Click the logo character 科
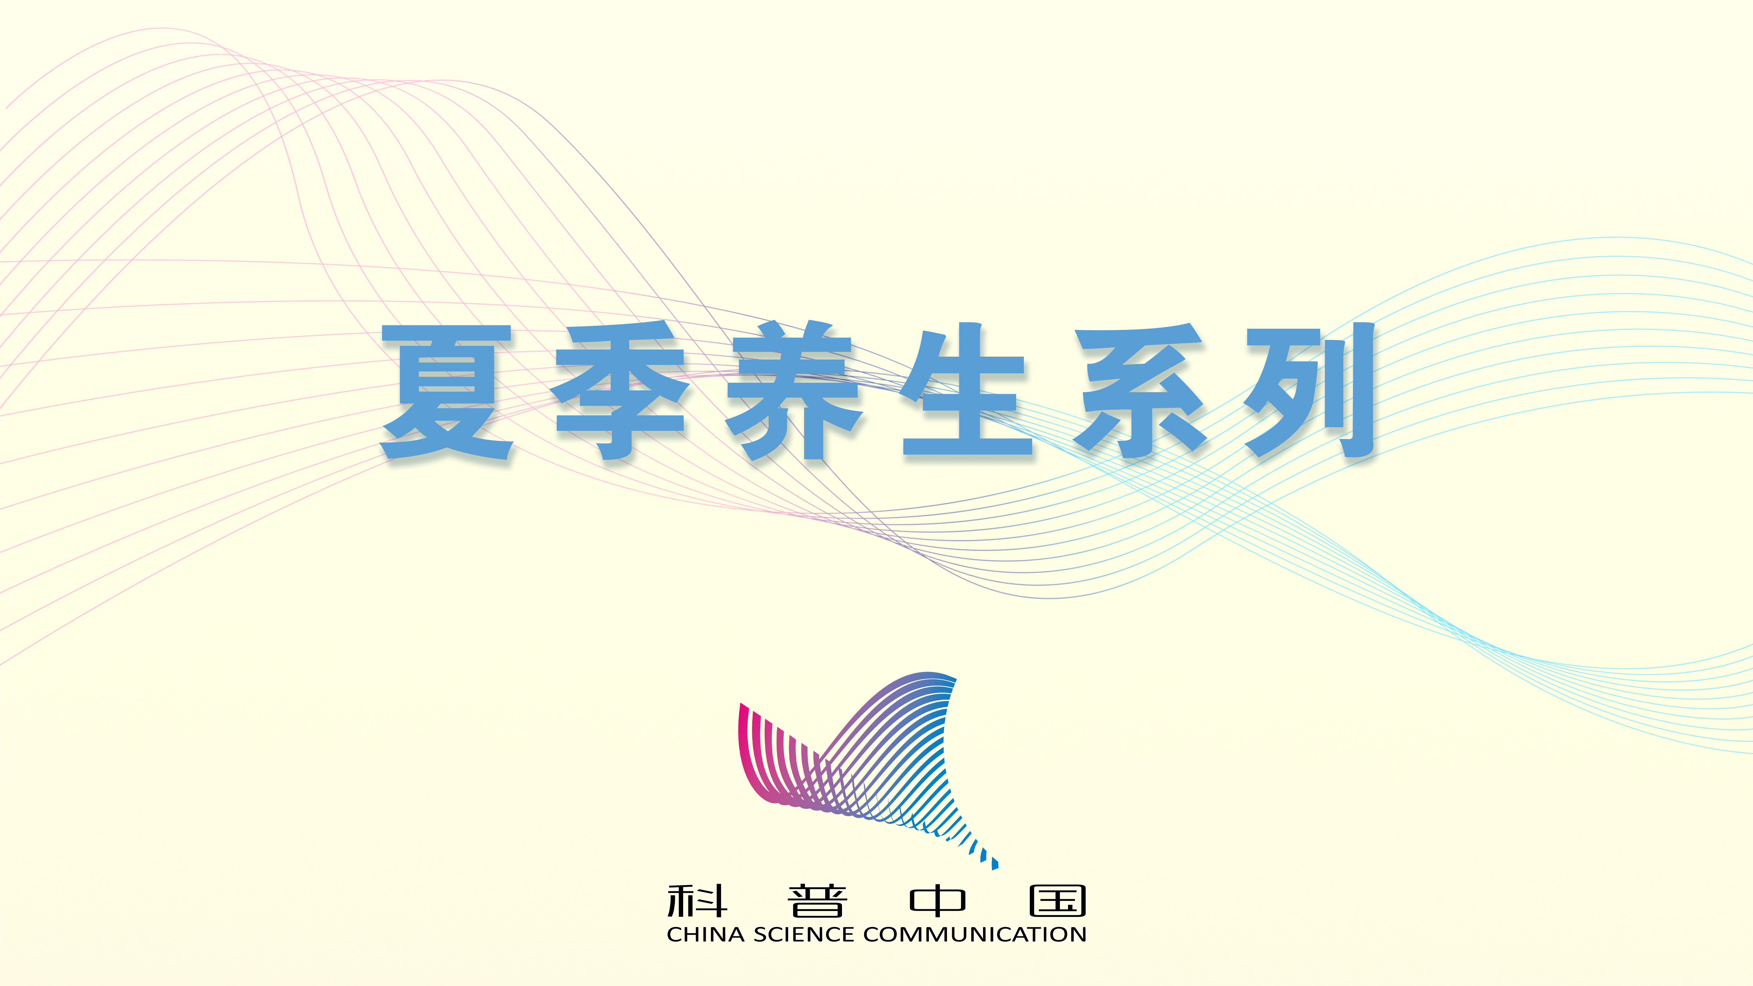point(697,901)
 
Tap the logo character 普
point(817,901)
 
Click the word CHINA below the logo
point(706,934)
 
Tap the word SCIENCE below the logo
point(804,934)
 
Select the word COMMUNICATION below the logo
point(974,934)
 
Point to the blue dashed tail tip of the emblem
point(995,864)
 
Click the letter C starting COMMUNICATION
point(872,934)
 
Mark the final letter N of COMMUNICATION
point(1078,934)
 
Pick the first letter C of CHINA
point(675,934)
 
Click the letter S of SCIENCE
point(760,934)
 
